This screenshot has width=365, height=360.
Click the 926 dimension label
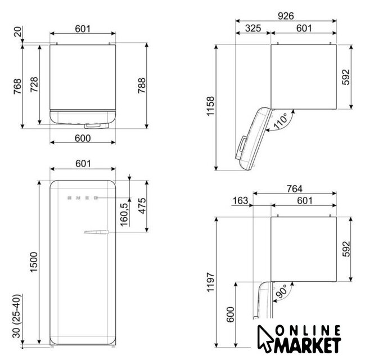286,16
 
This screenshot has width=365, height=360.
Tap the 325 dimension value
253,28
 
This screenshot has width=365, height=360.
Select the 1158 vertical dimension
210,106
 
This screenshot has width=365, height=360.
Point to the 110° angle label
281,120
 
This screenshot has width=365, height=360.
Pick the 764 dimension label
295,188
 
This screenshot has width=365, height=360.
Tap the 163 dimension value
240,200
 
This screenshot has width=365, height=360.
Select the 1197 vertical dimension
210,282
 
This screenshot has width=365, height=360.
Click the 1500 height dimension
34,262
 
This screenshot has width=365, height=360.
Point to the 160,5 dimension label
124,214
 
